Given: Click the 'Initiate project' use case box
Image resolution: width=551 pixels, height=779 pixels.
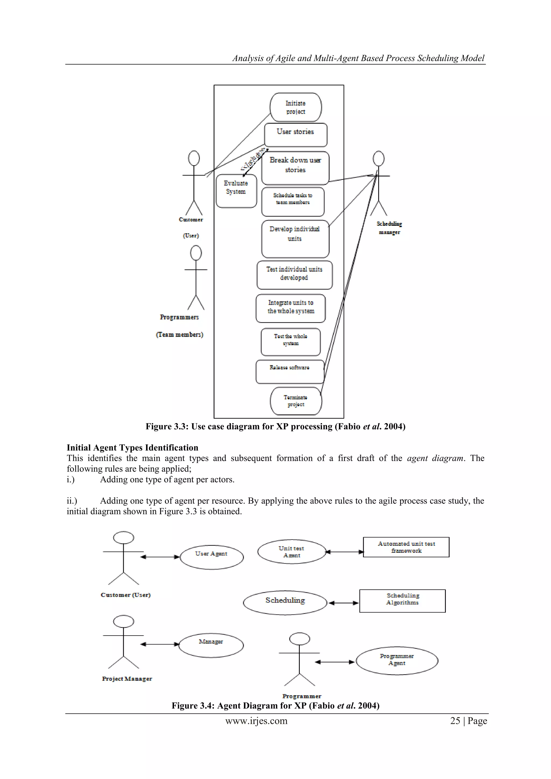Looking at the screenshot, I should [x=295, y=107].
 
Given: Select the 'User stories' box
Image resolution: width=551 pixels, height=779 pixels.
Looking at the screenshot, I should [x=295, y=135].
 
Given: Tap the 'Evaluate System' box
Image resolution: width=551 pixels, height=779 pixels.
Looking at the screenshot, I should [x=236, y=191].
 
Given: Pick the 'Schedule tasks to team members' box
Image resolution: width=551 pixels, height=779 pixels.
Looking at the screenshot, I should [x=293, y=201].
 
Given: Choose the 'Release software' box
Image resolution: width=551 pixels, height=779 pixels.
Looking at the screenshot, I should [x=290, y=371].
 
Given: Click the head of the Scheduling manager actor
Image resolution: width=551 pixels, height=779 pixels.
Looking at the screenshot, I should [x=378, y=158].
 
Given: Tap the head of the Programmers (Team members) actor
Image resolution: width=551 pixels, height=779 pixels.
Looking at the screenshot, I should [x=196, y=253].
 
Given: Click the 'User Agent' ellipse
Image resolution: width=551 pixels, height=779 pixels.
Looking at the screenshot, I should [x=212, y=557].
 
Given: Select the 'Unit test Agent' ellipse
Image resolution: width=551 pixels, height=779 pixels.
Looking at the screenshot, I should [x=291, y=552].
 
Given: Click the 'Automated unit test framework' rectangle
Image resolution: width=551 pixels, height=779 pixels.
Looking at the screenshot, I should [x=406, y=547].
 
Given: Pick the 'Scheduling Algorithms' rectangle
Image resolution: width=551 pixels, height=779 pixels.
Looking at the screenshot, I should [x=402, y=601].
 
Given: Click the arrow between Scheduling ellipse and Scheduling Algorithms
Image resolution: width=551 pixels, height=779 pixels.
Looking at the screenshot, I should [x=343, y=603].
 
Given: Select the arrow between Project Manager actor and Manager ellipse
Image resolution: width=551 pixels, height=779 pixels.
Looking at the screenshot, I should [x=160, y=644].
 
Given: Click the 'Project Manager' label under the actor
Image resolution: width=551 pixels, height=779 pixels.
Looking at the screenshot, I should [x=127, y=679].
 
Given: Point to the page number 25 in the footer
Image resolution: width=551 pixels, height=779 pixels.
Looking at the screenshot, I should [x=455, y=721].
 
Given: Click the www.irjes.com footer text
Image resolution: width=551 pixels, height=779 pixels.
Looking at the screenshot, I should [x=256, y=721].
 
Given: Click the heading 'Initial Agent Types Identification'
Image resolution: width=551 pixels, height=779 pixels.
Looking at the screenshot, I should [x=132, y=448].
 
